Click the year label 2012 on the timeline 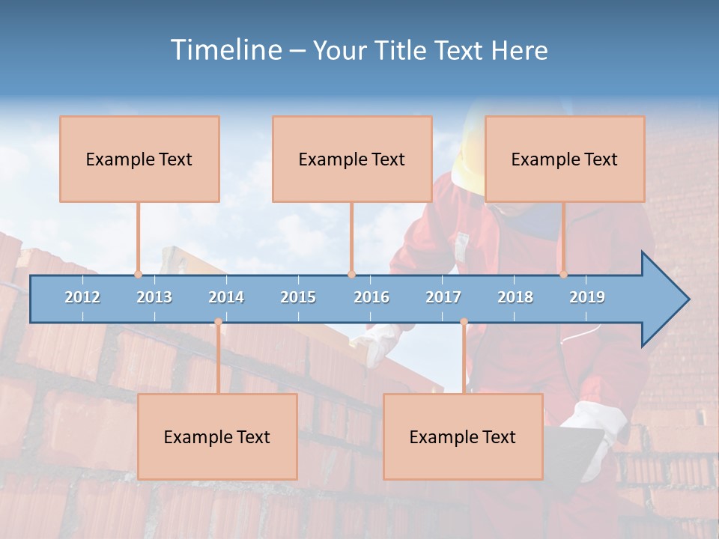click(82, 297)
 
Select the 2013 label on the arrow click(154, 297)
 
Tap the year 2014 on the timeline click(226, 297)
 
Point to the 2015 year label click(298, 297)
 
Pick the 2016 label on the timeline click(371, 297)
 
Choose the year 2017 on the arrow click(443, 297)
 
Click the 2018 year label click(515, 297)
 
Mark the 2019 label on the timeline click(587, 297)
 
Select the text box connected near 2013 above click(139, 159)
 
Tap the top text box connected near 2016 click(352, 159)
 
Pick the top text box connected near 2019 click(565, 159)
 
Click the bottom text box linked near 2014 click(217, 436)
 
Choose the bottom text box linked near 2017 click(463, 436)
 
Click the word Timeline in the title click(225, 50)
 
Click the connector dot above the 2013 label click(138, 275)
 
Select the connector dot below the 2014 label click(218, 322)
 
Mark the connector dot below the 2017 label click(464, 322)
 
